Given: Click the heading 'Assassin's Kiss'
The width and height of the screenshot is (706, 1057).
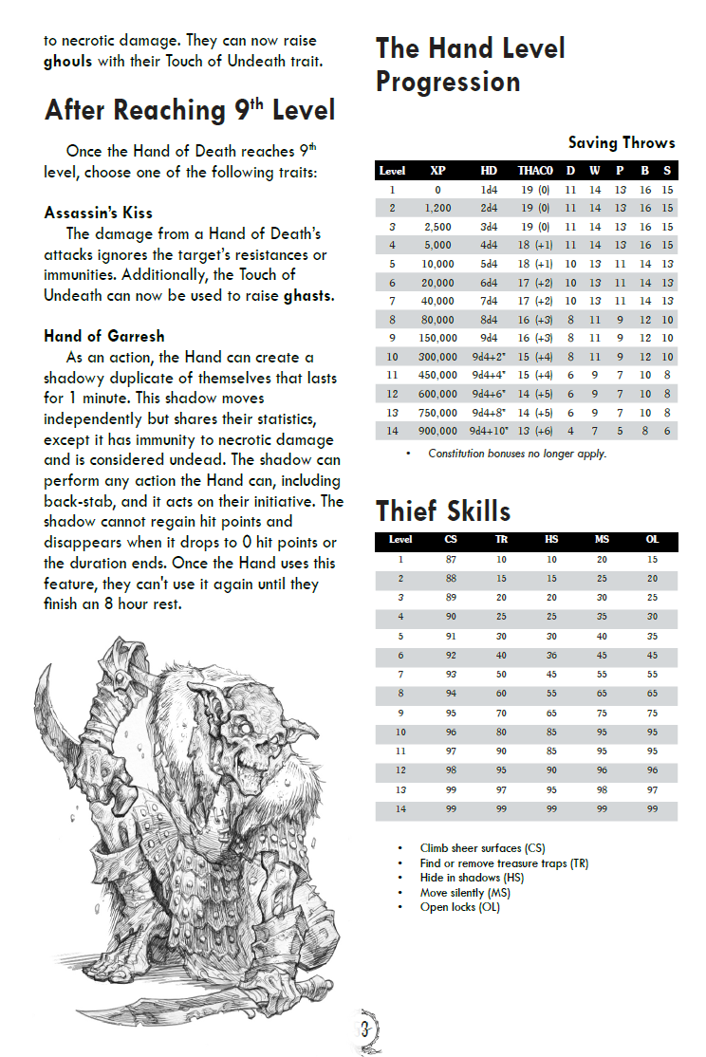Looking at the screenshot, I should [98, 213].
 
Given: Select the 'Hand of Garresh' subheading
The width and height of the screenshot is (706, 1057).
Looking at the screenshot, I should [103, 335].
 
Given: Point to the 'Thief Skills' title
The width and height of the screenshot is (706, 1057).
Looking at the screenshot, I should [443, 511].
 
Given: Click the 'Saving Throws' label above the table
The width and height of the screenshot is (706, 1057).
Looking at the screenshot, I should [622, 143].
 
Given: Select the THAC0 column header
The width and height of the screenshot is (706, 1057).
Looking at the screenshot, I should [534, 171].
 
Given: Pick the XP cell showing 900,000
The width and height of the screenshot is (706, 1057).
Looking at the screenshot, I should [437, 431].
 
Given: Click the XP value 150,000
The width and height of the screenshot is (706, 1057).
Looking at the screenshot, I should [437, 336].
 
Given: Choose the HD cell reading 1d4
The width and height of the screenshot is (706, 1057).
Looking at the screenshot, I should [489, 189].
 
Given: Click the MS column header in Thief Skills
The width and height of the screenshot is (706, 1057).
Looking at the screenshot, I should [602, 540].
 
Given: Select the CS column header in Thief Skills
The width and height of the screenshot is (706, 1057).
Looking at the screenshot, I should [451, 540].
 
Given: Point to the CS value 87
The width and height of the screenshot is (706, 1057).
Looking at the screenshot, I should [451, 560].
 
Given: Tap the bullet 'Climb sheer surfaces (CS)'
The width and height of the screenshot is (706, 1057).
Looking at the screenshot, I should [482, 848].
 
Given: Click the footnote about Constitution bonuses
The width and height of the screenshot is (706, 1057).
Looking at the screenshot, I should [516, 454].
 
